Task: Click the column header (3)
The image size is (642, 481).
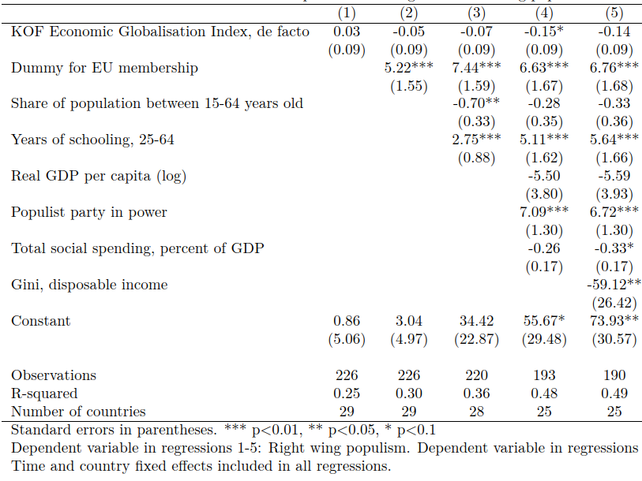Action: coord(475,13)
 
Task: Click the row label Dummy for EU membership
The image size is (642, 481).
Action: coord(104,68)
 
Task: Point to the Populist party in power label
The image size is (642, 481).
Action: coord(89,212)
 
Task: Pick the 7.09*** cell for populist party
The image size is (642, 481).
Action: coord(544,212)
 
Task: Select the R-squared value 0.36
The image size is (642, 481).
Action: coord(475,393)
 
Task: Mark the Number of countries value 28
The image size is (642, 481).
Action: coord(475,411)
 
